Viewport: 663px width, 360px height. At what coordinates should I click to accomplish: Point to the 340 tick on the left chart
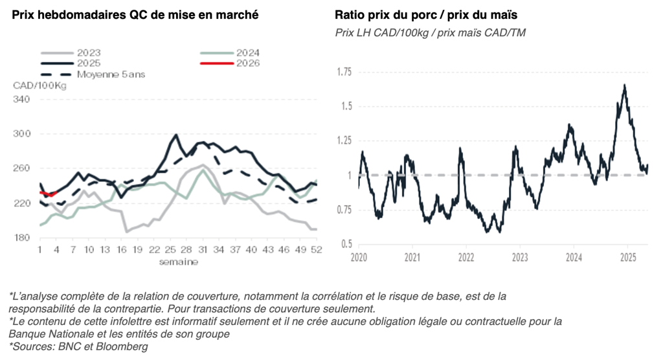tap(22, 99)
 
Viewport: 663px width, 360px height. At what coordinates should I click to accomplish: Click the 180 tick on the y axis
tap(22, 238)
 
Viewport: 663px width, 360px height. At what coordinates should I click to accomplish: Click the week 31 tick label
tap(203, 249)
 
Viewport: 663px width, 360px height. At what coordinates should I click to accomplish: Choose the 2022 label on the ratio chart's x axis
tap(466, 258)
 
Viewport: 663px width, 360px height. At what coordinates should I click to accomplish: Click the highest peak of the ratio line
tap(625, 85)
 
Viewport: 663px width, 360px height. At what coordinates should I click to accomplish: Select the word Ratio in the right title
tap(350, 15)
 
